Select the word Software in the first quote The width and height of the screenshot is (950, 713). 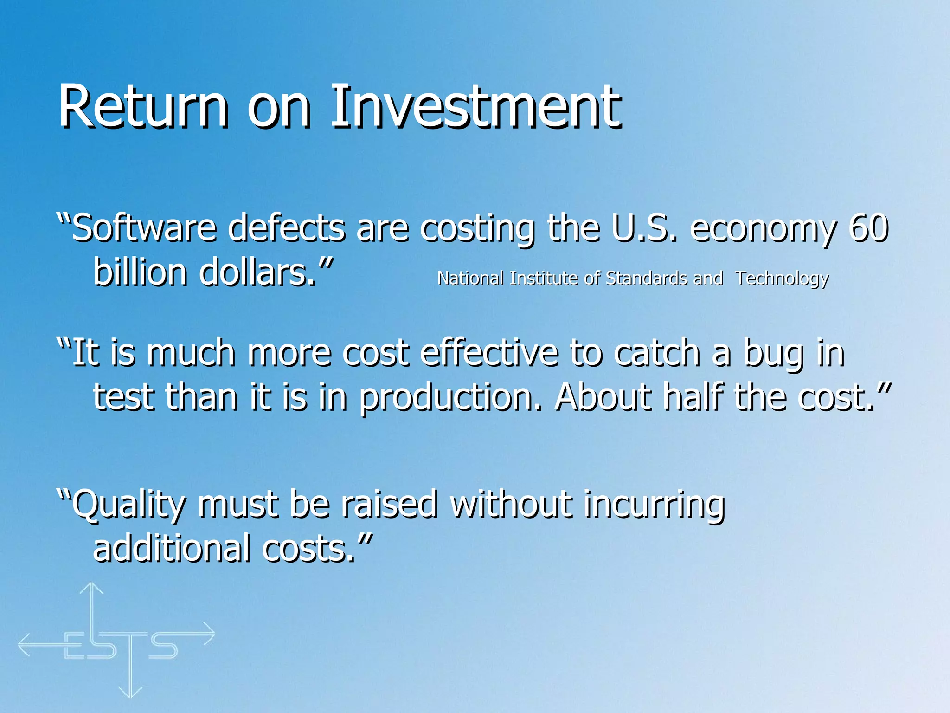tap(144, 228)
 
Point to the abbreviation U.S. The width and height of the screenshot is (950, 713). tap(644, 228)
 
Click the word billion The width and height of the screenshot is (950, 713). tap(139, 272)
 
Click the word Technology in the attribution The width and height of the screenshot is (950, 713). tap(782, 279)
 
